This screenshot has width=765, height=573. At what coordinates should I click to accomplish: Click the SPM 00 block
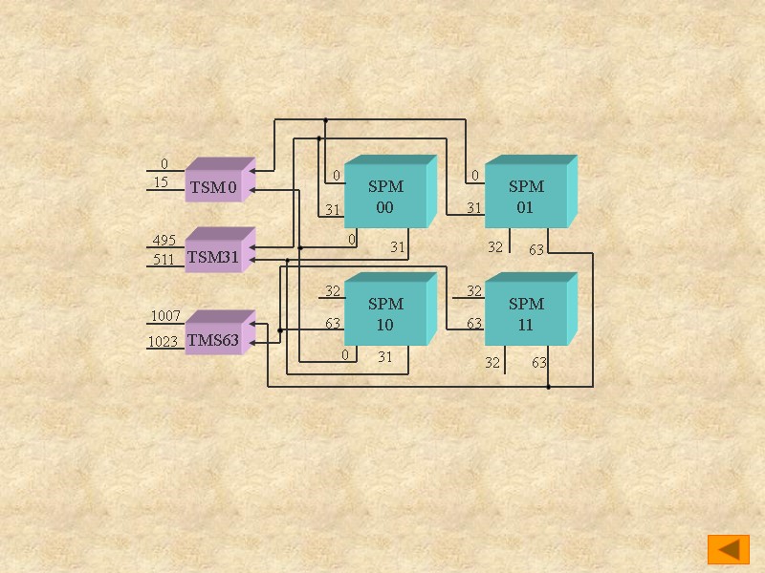pos(385,197)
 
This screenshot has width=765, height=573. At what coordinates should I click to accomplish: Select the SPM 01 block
pos(526,197)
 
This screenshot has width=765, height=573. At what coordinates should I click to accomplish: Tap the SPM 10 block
pos(385,314)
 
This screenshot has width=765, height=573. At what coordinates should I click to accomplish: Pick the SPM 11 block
pos(526,314)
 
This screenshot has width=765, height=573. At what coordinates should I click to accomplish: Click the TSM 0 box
pos(213,187)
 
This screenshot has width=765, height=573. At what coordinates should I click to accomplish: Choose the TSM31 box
pos(213,257)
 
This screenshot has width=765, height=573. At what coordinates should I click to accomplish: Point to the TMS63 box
pos(213,340)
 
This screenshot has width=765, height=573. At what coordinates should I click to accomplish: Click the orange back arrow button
pos(728,549)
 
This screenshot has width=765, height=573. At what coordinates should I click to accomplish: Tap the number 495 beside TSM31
pos(164,241)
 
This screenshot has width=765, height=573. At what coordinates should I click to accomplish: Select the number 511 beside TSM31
pos(164,259)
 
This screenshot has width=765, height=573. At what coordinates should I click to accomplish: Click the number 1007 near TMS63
pos(165,316)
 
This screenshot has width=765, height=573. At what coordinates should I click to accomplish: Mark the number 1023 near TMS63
pos(163,342)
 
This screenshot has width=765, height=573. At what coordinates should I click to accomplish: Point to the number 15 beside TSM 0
pos(161,182)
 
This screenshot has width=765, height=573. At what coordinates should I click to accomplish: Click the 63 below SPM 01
pos(536,249)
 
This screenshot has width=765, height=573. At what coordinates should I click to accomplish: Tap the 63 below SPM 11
pos(539,363)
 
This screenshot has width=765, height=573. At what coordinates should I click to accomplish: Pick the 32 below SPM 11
pos(492,363)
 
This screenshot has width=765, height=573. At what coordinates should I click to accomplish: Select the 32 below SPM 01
pos(494,247)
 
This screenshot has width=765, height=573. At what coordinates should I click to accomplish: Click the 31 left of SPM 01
pos(473,208)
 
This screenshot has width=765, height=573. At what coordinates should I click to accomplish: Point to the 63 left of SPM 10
pos(333,324)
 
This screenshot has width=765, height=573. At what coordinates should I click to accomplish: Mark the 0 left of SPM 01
pos(474,176)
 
